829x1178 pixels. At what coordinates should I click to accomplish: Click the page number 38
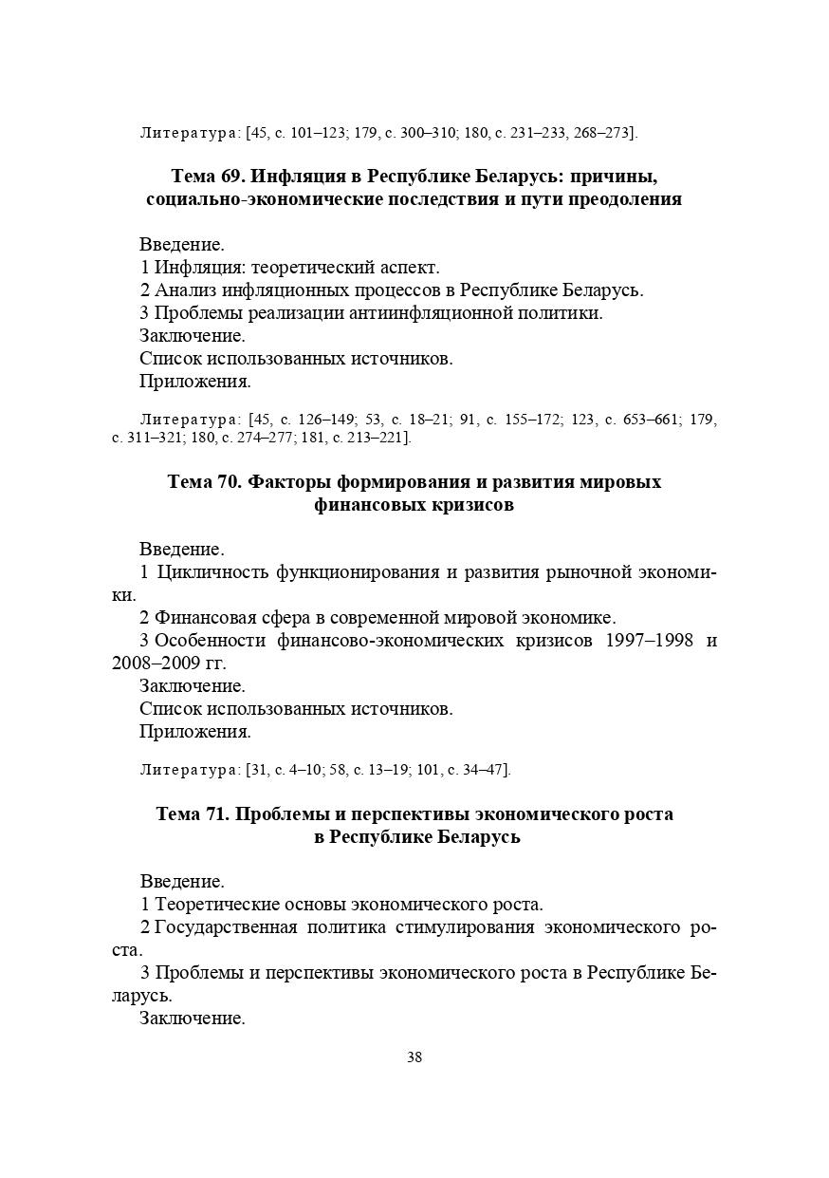point(414,1057)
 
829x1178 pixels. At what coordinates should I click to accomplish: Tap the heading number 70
point(229,482)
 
